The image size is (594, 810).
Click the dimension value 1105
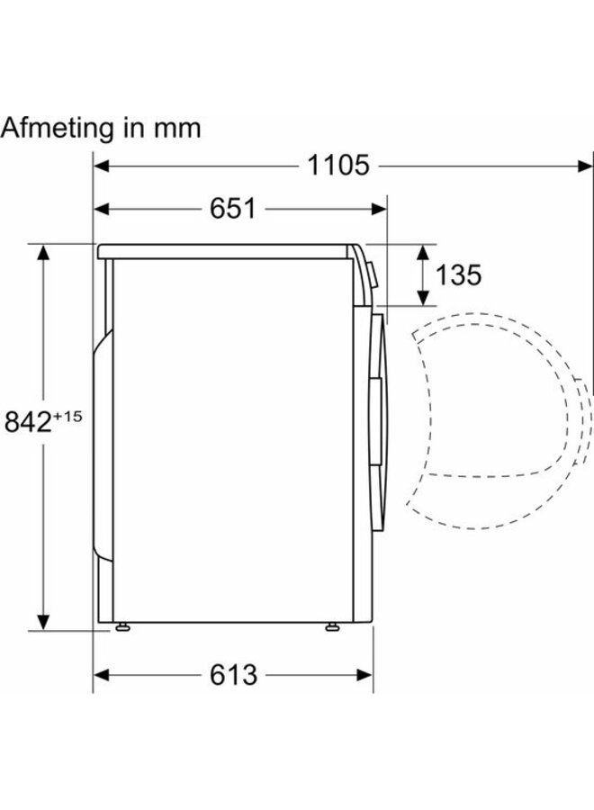[337, 166]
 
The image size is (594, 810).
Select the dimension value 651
[233, 209]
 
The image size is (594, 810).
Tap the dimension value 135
[458, 274]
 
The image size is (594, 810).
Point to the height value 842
[28, 421]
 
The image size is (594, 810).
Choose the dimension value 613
[233, 674]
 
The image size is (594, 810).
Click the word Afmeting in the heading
[58, 128]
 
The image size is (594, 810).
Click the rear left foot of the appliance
[120, 626]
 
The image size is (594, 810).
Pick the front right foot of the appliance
[333, 626]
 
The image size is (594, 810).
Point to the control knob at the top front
[370, 271]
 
